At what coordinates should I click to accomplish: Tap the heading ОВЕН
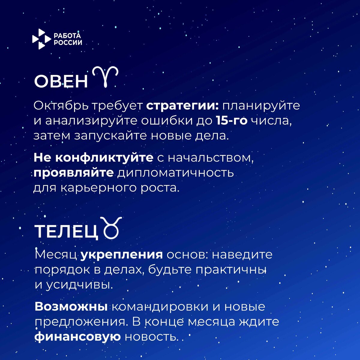[x=61, y=81]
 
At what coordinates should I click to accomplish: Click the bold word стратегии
[x=183, y=106]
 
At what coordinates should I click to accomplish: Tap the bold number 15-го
[x=231, y=121]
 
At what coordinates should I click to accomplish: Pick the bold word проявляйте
[x=73, y=173]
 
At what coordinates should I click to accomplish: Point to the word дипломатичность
[x=175, y=173]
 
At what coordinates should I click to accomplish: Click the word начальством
[x=210, y=158]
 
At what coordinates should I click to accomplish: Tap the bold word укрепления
[x=122, y=255]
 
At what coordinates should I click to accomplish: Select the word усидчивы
[x=79, y=285]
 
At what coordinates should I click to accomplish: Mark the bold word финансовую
[x=77, y=337]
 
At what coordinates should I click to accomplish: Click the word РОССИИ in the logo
[x=68, y=43]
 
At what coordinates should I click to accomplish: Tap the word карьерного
[x=99, y=188]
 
